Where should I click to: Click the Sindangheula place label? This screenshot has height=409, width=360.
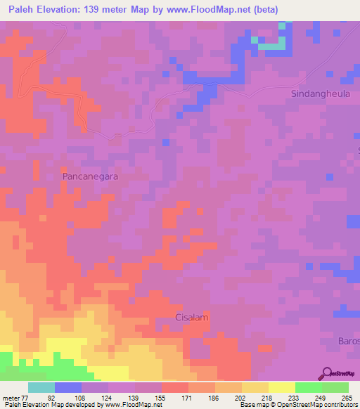coord(319,93)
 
